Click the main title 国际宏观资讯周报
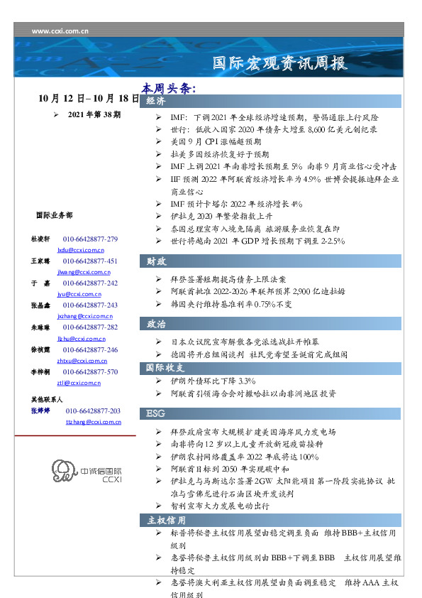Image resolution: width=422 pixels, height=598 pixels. coord(280,63)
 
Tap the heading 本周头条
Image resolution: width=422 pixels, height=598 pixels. coord(168,89)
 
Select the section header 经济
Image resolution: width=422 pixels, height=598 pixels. coord(157,102)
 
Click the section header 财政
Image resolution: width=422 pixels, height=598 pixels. coord(157,262)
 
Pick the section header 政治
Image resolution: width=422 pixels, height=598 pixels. coord(157,324)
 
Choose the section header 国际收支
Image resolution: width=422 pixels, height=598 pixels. coord(165,367)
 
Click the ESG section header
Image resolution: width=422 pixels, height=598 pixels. coord(156,413)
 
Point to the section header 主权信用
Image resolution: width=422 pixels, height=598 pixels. coord(165,521)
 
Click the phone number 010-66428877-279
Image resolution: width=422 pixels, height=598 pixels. coord(90,239)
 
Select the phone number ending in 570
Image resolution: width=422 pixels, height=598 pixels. coord(90,372)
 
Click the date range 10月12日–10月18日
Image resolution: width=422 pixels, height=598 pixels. coord(89,98)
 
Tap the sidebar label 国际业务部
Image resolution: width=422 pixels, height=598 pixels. coord(54,214)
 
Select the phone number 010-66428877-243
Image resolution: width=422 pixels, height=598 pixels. coord(90,305)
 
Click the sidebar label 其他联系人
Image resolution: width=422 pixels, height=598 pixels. coord(47,400)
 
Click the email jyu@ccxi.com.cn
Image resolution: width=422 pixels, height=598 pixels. coord(79,294)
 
